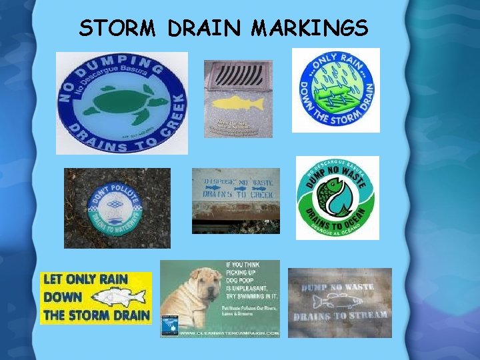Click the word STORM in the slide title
pos(118,28)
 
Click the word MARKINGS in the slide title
pos(310,28)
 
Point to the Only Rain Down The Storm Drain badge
pos(335,90)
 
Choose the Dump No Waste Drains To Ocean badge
pos(337,198)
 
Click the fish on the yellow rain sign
pos(120,297)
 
